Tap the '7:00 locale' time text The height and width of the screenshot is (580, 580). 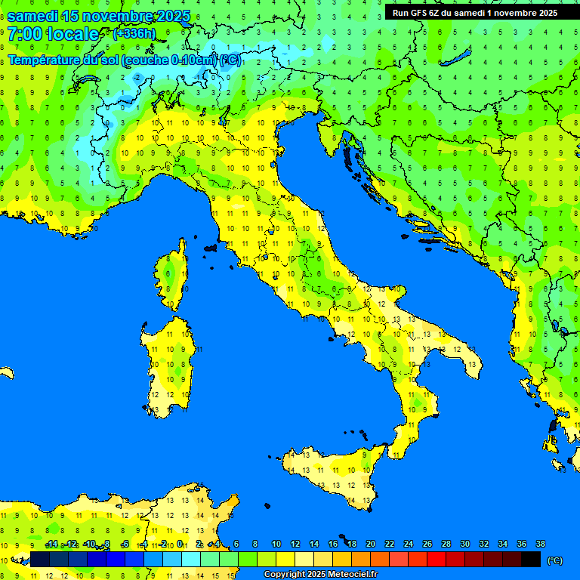click(53, 34)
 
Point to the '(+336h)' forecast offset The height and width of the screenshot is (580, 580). click(134, 34)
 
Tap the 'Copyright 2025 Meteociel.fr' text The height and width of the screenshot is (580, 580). click(320, 575)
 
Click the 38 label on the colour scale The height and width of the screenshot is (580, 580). click(541, 544)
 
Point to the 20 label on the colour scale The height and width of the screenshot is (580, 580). click(371, 544)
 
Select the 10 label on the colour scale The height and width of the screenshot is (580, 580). click(276, 544)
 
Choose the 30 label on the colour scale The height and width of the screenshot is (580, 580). click(465, 544)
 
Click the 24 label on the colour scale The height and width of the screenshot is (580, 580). click(409, 544)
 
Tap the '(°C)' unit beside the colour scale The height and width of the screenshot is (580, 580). click(554, 560)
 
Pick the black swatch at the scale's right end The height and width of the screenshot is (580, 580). click(531, 560)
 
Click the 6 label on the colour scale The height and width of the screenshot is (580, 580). click(236, 544)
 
